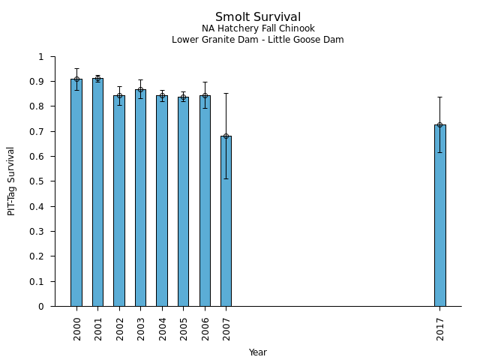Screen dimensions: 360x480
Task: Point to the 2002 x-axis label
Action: (x=120, y=328)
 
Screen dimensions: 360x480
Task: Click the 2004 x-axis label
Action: (x=163, y=328)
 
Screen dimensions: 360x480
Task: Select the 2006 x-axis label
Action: (x=205, y=328)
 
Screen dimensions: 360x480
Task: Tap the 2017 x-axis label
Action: (x=440, y=328)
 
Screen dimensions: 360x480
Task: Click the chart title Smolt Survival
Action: (x=258, y=17)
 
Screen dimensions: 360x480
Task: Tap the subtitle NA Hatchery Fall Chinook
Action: (x=258, y=29)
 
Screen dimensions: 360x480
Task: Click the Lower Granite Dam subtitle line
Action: (x=258, y=40)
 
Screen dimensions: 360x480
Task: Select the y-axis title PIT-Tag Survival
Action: (x=12, y=181)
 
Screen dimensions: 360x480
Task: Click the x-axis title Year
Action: (x=258, y=352)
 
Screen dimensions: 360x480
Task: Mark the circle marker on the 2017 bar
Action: (x=439, y=124)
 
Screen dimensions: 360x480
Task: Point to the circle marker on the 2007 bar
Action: (x=226, y=136)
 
